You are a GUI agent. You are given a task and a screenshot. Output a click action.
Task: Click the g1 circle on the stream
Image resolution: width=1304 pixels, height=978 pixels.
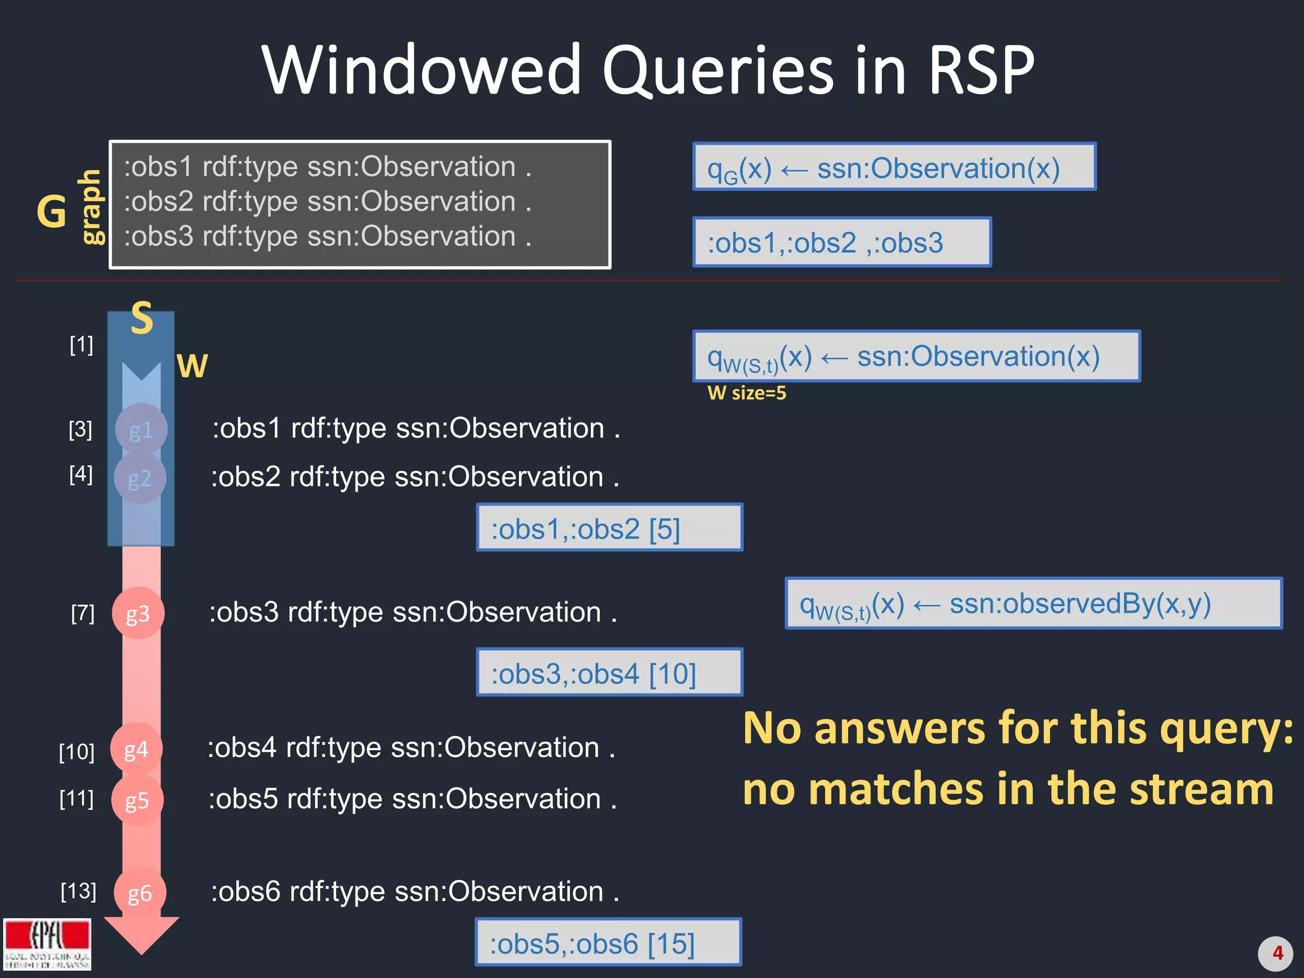(x=141, y=429)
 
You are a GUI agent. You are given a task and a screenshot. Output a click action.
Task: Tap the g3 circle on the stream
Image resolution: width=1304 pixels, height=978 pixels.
(x=138, y=613)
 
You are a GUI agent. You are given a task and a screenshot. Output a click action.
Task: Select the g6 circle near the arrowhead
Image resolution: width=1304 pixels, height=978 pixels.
(x=139, y=893)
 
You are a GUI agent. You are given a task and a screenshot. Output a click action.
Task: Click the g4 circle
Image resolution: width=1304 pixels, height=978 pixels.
(x=136, y=749)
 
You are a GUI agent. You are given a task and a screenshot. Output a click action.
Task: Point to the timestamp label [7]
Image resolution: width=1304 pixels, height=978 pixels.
(x=83, y=613)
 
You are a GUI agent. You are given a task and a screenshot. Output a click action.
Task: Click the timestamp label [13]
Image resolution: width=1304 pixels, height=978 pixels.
(x=78, y=891)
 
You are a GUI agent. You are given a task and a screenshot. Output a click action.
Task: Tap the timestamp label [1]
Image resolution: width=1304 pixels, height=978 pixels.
(x=81, y=345)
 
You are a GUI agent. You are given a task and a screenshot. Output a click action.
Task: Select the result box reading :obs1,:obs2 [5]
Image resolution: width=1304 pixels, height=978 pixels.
(x=609, y=527)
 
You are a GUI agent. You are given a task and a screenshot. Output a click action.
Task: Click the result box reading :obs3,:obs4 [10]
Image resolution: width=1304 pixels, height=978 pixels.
(x=609, y=672)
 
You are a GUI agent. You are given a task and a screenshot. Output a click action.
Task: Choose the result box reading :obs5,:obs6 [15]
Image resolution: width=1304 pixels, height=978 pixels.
(x=607, y=942)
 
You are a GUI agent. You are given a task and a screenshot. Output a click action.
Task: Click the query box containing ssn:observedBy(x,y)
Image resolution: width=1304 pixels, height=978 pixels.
(x=1033, y=604)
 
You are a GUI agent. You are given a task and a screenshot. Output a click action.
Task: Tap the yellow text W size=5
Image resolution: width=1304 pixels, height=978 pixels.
(x=746, y=393)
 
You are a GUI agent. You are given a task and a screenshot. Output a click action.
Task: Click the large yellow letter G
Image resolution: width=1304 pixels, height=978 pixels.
(x=52, y=211)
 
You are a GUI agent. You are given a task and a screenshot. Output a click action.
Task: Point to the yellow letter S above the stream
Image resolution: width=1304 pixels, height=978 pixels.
(x=142, y=318)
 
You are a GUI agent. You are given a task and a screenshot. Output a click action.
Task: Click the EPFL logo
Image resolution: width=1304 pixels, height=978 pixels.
(x=47, y=944)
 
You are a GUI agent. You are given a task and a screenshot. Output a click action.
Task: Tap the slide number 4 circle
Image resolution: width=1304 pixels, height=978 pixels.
(x=1275, y=953)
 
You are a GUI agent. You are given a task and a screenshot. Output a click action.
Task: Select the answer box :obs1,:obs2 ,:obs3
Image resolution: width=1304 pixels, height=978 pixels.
(x=842, y=243)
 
